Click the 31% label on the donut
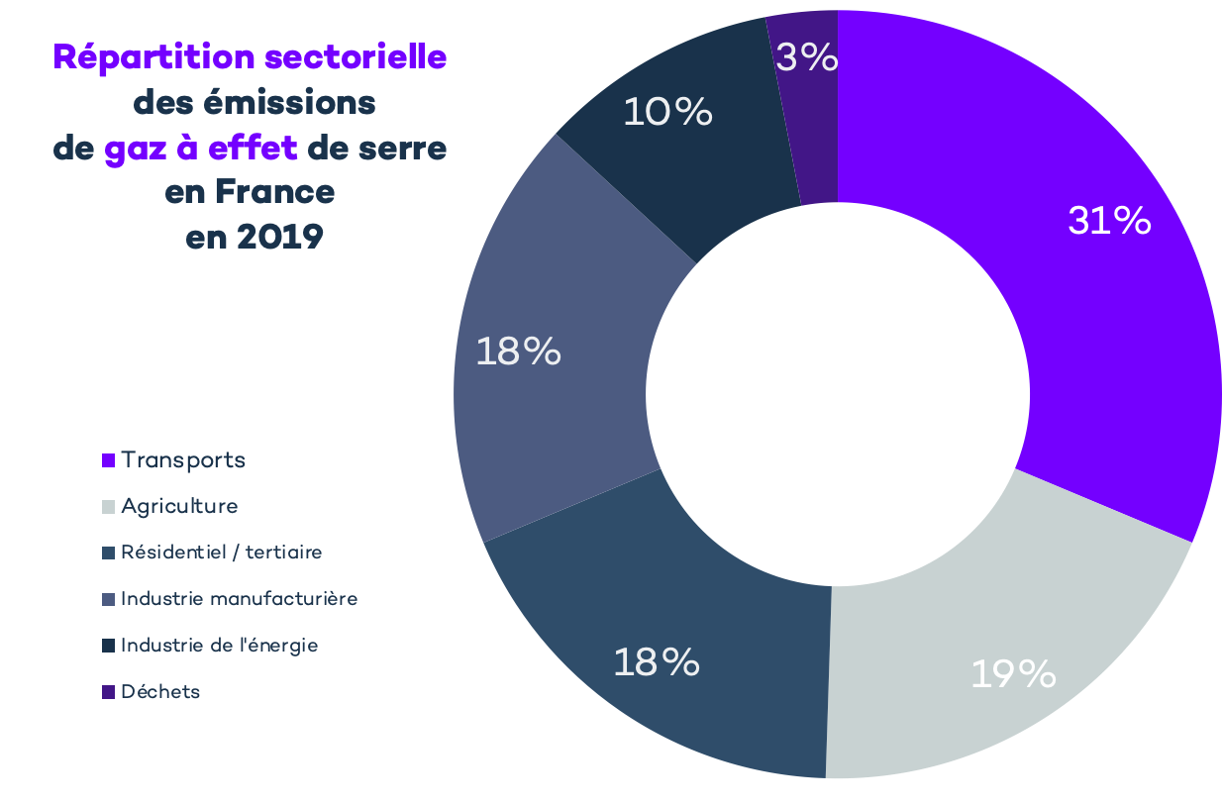[x=1109, y=221]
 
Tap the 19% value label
[x=1013, y=674]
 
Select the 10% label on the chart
[x=667, y=112]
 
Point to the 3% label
[x=807, y=57]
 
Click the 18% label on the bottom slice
[x=657, y=662]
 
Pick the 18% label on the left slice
[x=518, y=352]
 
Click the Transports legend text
[x=183, y=460]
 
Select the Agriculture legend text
[x=179, y=506]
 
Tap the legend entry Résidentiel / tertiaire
[x=221, y=553]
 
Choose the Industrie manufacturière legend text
[x=239, y=599]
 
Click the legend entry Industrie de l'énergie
[x=219, y=646]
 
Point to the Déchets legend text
[x=160, y=692]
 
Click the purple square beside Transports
[x=109, y=461]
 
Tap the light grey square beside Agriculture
[x=109, y=507]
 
